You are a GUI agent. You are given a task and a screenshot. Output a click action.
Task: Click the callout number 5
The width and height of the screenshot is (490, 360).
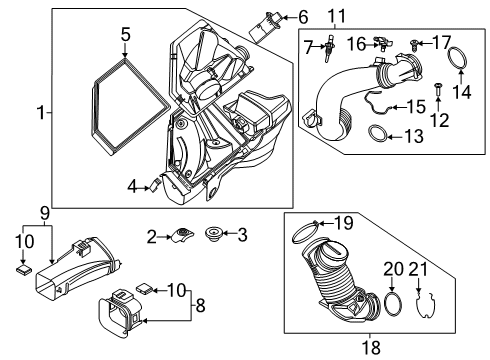point(125,35)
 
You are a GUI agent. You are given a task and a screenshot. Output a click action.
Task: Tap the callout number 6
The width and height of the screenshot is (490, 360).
point(303,17)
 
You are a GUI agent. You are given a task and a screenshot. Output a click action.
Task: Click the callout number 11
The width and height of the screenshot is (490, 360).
point(363,15)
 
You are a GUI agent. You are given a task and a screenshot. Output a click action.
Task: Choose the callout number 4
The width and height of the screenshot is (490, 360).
point(132,184)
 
